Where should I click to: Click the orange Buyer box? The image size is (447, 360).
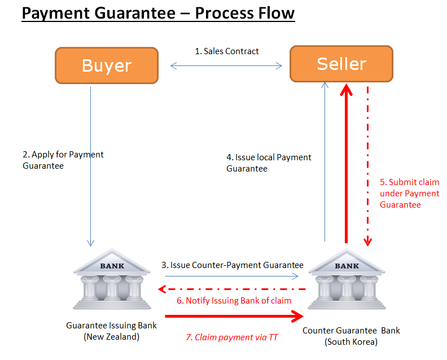107,65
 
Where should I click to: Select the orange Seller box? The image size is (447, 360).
341,64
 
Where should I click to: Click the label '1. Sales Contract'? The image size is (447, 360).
227,51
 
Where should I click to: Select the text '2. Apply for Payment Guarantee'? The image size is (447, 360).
63,160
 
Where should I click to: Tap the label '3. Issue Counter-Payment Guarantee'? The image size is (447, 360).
233,265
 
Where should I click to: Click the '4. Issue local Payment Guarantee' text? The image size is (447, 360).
269,163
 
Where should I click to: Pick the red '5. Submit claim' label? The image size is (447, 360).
409,193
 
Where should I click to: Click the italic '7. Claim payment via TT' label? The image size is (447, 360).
232,337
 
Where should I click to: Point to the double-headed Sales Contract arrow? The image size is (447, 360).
226,66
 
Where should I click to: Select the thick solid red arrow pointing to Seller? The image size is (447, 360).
347,164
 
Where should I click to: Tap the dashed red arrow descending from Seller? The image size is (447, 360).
368,164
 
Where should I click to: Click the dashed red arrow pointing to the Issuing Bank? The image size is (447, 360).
231,289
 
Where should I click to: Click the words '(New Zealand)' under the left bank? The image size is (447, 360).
112,337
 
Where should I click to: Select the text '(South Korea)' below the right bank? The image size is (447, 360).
351,341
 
